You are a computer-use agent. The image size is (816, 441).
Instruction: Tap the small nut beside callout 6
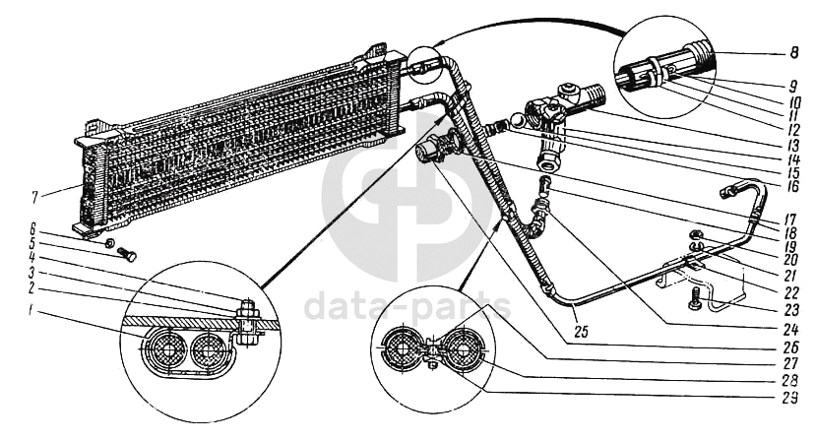click(110, 241)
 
